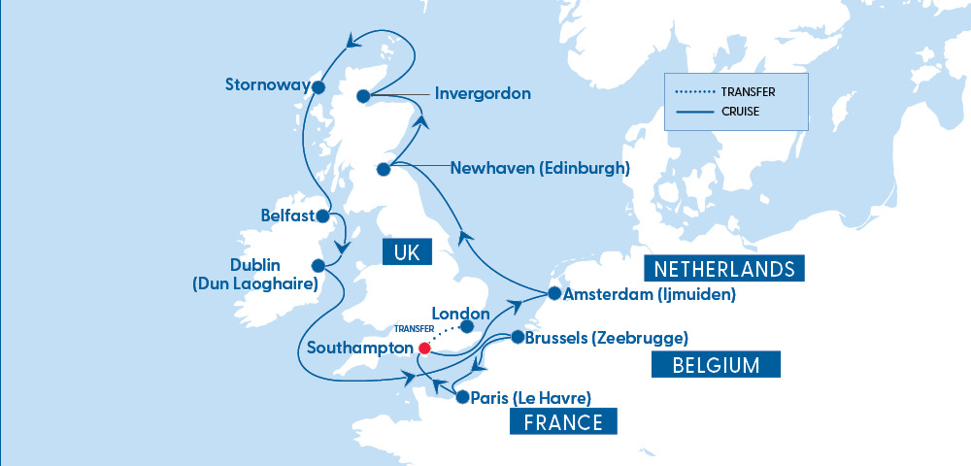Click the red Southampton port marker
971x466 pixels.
[423, 348]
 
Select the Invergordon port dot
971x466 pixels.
[362, 95]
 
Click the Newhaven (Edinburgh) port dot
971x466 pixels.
[383, 169]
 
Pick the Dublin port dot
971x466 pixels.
[318, 265]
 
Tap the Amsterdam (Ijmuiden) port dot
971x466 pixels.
[553, 292]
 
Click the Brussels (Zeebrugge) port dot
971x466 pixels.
[517, 338]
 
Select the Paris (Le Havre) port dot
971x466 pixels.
[462, 396]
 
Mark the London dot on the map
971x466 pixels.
[467, 326]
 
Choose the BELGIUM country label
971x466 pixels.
[714, 365]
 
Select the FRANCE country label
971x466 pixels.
[563, 422]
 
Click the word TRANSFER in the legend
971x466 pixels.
[748, 93]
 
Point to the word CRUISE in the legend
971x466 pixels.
[740, 112]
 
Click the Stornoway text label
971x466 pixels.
[264, 84]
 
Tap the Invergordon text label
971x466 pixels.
[483, 94]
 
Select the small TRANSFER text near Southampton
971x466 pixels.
[414, 329]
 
